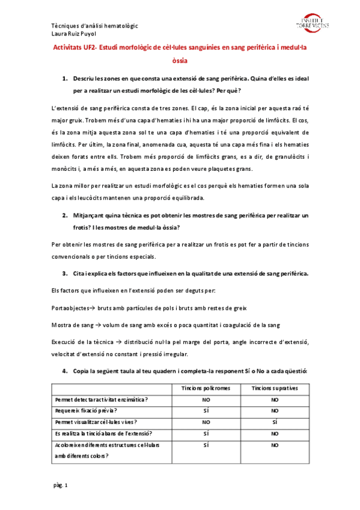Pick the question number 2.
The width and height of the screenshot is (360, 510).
(64, 215)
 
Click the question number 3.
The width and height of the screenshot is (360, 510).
(64, 274)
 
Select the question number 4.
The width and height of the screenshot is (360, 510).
(64, 371)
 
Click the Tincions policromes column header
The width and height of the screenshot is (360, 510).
(206, 389)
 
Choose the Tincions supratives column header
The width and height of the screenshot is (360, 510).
(275, 389)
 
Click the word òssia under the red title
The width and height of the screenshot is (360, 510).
(180, 61)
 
